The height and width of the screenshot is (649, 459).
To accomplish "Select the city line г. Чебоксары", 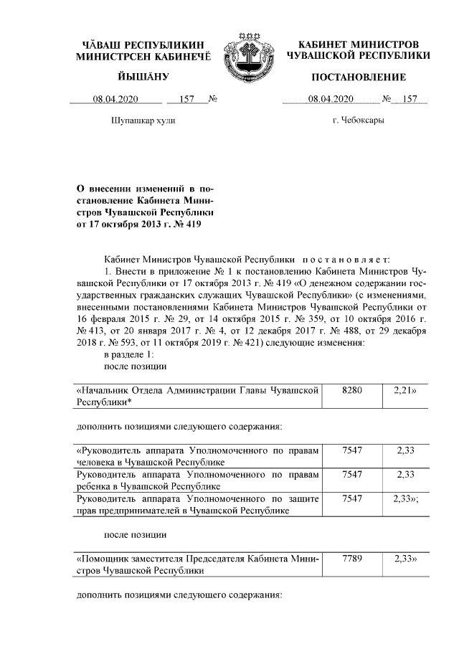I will click(x=359, y=120).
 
